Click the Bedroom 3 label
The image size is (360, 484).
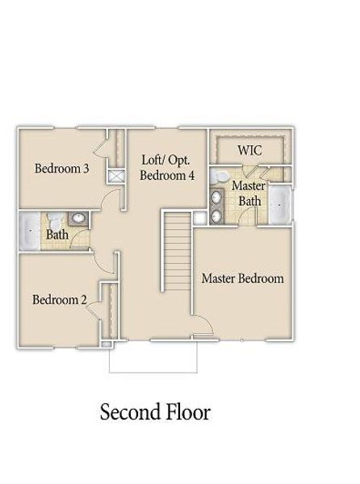click(x=61, y=169)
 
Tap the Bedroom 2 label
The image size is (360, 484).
click(x=60, y=300)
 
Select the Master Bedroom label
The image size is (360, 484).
click(x=242, y=278)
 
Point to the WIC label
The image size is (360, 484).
click(x=249, y=151)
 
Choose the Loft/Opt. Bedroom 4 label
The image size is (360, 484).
click(x=167, y=167)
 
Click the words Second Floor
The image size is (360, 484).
click(x=155, y=412)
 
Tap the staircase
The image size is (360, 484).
click(x=177, y=252)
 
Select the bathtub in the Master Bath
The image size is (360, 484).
click(x=280, y=204)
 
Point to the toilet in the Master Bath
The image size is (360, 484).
click(x=218, y=177)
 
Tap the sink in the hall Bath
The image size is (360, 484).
click(x=79, y=219)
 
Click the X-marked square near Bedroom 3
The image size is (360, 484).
click(x=115, y=175)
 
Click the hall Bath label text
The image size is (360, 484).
click(x=57, y=235)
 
